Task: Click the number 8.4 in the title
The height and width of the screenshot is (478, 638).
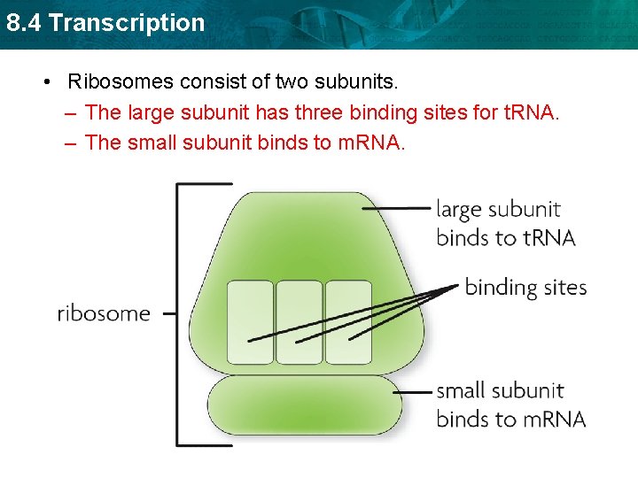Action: [x=24, y=22]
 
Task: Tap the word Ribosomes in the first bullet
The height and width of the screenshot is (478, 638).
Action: [x=121, y=82]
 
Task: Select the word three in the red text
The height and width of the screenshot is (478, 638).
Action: [x=346, y=112]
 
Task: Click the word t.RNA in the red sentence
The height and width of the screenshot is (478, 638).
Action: [x=529, y=112]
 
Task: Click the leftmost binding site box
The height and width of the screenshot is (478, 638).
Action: [x=250, y=322]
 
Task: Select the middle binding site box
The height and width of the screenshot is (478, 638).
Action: [x=300, y=322]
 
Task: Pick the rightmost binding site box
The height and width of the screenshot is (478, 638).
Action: [x=348, y=322]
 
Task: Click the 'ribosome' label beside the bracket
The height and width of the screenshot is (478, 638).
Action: [x=104, y=313]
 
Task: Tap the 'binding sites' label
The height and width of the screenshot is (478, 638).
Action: [x=525, y=287]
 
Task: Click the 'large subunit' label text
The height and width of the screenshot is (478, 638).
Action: [x=498, y=210]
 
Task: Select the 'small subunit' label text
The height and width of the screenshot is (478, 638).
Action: [x=500, y=390]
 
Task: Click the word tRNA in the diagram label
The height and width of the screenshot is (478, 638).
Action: [x=547, y=237]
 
